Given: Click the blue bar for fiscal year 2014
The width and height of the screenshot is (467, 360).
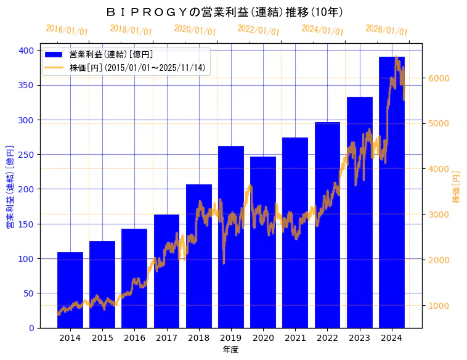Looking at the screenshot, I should coord(70,290).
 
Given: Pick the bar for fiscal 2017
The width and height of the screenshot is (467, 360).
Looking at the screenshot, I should coord(166,271).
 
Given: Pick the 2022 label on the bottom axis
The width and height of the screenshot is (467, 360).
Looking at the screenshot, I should coord(328,337).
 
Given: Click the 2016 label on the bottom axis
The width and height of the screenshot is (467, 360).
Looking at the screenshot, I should coord(134,337).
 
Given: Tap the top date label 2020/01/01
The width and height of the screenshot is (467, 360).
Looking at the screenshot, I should coord(195,30).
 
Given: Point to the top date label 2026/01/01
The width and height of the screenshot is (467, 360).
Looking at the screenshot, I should coord(386,30).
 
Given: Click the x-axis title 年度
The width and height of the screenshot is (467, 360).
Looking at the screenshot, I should coord(231,350).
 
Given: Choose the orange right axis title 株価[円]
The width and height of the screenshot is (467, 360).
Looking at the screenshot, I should coord(457,187).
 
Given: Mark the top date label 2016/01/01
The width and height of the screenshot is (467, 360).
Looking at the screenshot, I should coord(67,30).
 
